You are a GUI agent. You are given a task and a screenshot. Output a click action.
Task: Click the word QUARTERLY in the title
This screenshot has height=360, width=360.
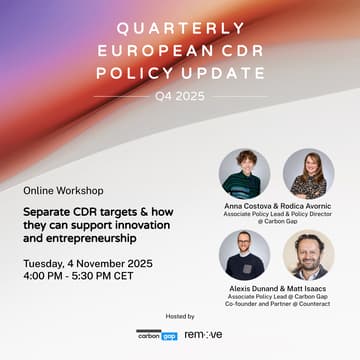point(179,29)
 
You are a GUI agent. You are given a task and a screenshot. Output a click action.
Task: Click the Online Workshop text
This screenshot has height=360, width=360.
point(64,190)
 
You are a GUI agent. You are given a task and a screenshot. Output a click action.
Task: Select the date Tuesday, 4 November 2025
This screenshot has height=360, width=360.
point(88,263)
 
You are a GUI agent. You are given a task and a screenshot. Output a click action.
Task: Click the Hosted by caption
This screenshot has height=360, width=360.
point(180,316)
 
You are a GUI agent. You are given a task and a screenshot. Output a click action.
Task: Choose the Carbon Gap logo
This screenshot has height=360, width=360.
point(157,335)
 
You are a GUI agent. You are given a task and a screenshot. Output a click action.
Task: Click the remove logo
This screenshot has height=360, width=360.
point(203,335)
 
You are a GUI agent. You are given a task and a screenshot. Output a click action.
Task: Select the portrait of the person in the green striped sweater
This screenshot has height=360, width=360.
point(244,174)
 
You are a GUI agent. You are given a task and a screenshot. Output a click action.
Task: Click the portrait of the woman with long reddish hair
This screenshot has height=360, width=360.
point(308,174)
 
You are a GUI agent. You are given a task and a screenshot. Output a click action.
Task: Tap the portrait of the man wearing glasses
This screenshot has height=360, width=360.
point(244,255)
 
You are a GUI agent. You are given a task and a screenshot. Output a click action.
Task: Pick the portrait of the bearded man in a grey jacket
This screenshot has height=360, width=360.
point(308,255)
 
